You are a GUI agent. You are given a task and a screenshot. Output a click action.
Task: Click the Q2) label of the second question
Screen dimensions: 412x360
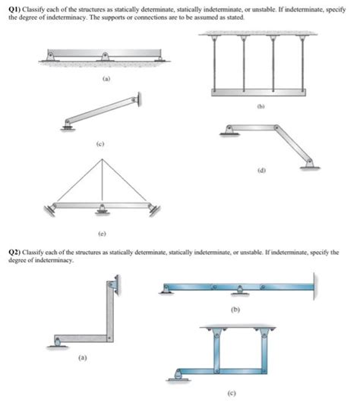coord(14,251)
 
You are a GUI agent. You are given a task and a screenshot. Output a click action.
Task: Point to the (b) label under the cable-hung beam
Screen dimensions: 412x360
coord(261,107)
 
